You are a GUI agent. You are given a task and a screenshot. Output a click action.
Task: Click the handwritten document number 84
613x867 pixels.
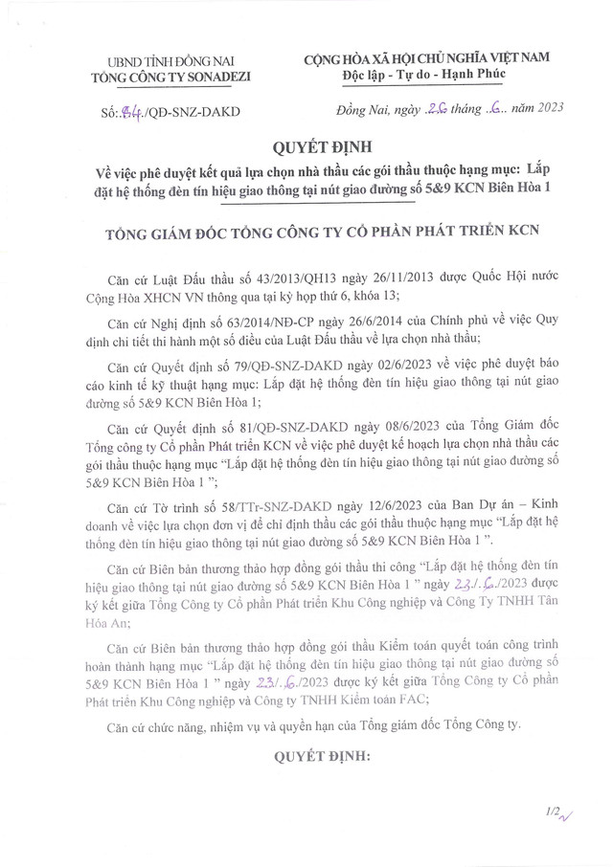click(x=130, y=112)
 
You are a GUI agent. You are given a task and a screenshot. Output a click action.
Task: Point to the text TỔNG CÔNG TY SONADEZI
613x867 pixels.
click(x=169, y=77)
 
